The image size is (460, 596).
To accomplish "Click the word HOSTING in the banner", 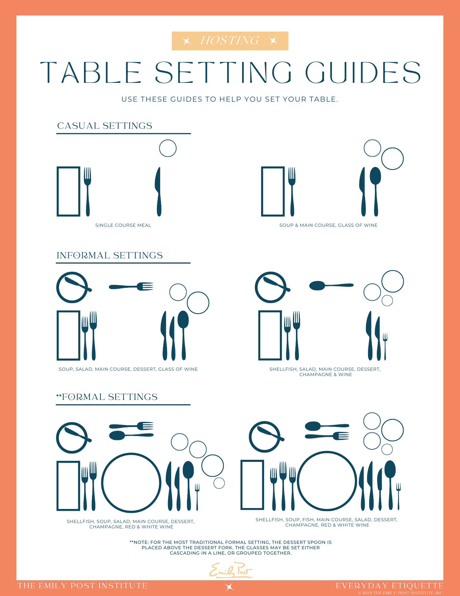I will point(230,41).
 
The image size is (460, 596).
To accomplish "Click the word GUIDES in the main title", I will point(363,73).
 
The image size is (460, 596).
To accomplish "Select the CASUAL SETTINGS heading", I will point(105,126).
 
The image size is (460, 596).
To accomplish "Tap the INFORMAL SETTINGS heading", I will point(110,255).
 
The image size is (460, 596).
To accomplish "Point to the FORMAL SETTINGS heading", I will point(109,397).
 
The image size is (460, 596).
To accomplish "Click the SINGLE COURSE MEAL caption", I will point(123,225).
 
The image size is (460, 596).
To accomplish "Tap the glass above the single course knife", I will point(168,148).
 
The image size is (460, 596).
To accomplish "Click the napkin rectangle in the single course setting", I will point(68,191).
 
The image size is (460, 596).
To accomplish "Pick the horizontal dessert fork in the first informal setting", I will point(131,287).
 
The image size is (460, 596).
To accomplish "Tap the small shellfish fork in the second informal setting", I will point(385,346).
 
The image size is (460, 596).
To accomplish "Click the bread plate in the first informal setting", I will point(72,288).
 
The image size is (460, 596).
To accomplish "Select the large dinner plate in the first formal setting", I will point(131,482).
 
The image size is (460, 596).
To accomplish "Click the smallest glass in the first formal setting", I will point(219,483).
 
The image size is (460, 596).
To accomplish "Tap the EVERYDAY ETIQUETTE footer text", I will point(389,586).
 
